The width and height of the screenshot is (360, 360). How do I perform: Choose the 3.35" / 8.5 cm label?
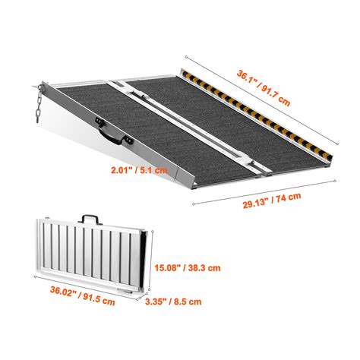click(172, 302)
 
